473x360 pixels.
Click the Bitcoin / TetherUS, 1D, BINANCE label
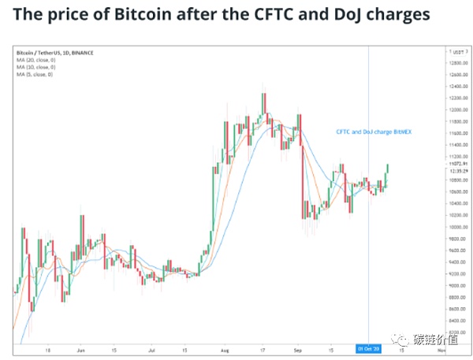(55, 52)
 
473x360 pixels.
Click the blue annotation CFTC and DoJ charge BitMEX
(374, 132)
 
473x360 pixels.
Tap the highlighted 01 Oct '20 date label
(369, 348)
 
